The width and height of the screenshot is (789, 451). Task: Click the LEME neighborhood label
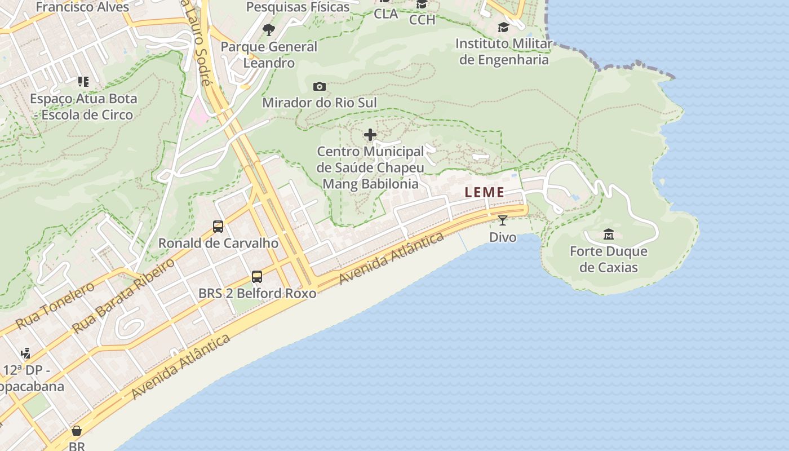(x=485, y=192)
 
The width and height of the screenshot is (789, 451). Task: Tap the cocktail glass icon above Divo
(x=503, y=220)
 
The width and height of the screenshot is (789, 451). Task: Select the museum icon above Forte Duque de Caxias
(x=609, y=234)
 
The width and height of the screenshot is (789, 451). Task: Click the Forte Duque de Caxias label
(x=609, y=259)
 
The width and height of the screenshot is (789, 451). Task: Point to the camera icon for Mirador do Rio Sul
(x=320, y=86)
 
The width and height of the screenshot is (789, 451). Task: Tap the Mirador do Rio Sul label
(x=320, y=103)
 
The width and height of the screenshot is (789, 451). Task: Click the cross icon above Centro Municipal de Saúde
(x=370, y=135)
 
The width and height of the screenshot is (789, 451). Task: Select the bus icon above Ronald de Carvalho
(x=218, y=227)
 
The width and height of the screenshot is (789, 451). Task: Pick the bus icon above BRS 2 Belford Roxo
(x=257, y=277)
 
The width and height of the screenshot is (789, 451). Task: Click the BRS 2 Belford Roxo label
(x=257, y=294)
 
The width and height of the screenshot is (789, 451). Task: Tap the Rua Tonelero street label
(x=55, y=306)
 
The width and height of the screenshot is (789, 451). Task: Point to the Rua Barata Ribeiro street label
(x=123, y=297)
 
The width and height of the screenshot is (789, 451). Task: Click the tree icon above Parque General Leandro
(x=269, y=29)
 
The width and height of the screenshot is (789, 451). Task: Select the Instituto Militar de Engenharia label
(x=504, y=52)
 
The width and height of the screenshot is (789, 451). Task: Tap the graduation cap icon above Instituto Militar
(x=503, y=27)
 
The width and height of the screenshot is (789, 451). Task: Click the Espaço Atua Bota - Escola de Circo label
(x=83, y=107)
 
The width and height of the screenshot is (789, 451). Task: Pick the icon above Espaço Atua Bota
(x=83, y=82)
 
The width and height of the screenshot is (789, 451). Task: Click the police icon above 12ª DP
(x=25, y=353)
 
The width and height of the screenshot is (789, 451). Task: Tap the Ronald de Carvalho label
(x=218, y=244)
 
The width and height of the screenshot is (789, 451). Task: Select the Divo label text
(x=503, y=237)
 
